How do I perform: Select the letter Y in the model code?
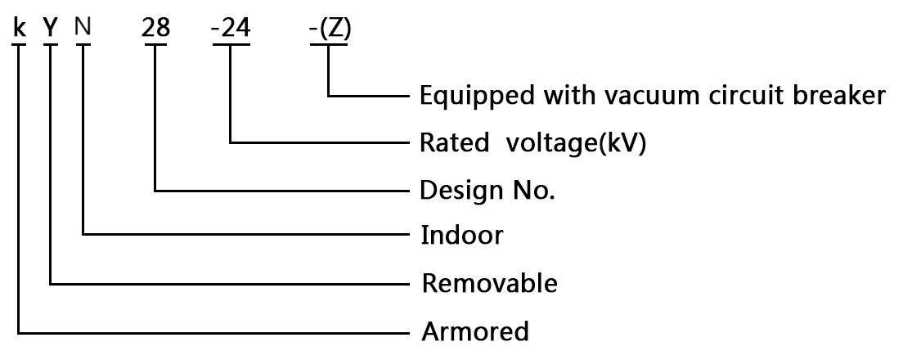52,28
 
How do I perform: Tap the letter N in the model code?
83,28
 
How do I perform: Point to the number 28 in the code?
155,28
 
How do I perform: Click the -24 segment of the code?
231,28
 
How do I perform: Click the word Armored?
475,331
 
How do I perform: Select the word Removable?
489,284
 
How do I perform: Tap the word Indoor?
461,236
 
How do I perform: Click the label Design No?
487,191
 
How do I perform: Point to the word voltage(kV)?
576,143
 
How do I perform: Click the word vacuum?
645,96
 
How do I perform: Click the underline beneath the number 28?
155,44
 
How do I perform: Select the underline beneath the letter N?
83,44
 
